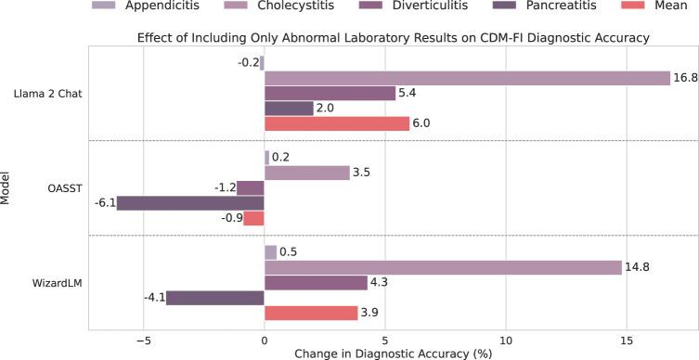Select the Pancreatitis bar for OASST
pyautogui.click(x=190, y=203)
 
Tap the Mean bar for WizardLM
pyautogui.click(x=311, y=314)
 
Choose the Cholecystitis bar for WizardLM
pyautogui.click(x=443, y=267)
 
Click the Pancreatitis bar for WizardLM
pyautogui.click(x=214, y=298)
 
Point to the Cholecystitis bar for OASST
pyautogui.click(x=306, y=173)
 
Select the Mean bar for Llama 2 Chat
pyautogui.click(x=337, y=124)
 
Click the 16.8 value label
pyautogui.click(x=684, y=78)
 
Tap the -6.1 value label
pyautogui.click(x=103, y=203)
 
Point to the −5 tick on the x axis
pyautogui.click(x=143, y=339)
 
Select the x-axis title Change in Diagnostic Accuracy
pyautogui.click(x=392, y=353)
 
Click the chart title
pyautogui.click(x=392, y=38)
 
